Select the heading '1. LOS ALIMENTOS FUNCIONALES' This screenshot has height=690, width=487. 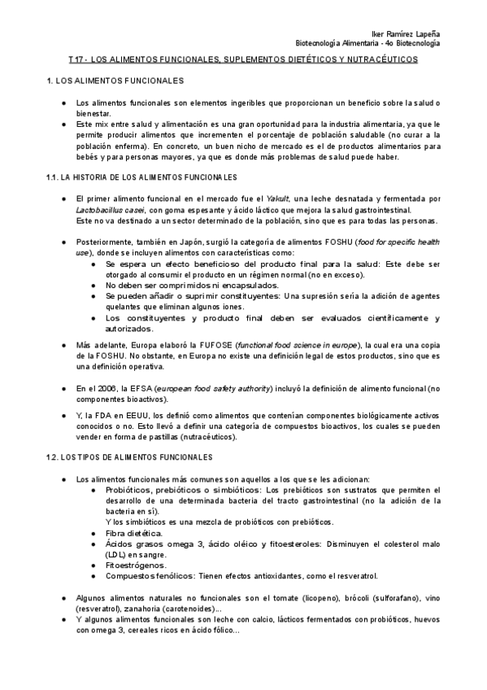pos(115,81)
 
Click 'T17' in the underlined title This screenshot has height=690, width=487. pos(76,60)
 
